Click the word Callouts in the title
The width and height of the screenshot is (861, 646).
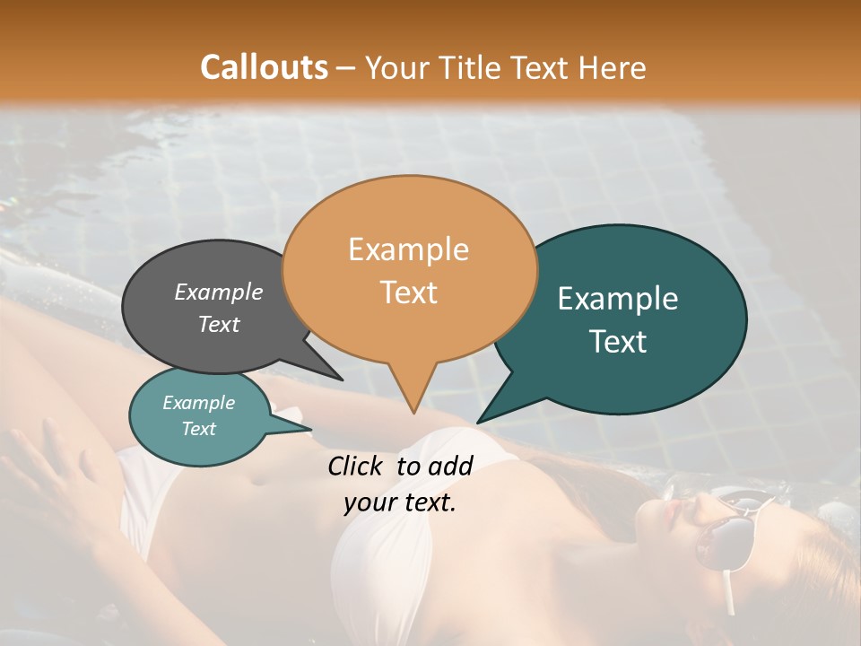click(x=264, y=67)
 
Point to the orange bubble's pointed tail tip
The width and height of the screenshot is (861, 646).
click(x=413, y=413)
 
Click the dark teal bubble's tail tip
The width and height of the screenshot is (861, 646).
click(x=478, y=422)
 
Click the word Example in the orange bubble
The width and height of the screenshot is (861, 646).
click(x=408, y=249)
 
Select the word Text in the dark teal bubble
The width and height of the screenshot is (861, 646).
click(x=618, y=342)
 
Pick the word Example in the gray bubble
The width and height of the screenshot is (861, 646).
click(x=219, y=292)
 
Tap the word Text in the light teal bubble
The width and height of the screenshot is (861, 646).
click(x=199, y=429)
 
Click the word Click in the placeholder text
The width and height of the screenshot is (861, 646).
click(x=356, y=466)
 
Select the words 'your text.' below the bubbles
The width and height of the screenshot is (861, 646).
click(x=400, y=503)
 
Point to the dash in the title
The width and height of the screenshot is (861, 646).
click(x=347, y=67)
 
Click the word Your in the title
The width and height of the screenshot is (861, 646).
click(x=396, y=67)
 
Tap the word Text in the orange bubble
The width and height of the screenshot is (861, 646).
click(x=408, y=292)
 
